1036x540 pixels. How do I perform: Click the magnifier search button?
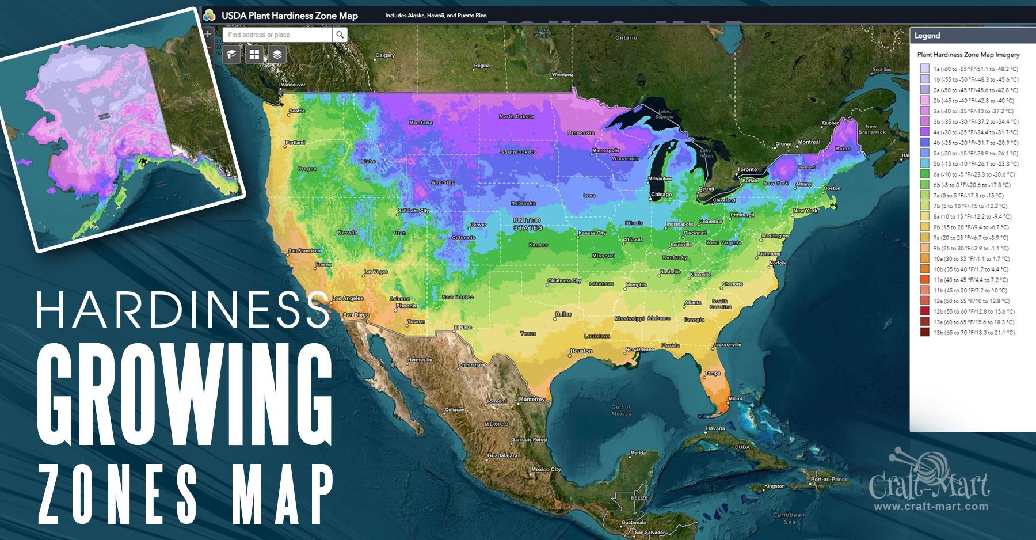pyautogui.click(x=340, y=35)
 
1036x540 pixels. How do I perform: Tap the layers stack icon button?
pyautogui.click(x=277, y=55)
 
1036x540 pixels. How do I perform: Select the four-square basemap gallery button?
pyautogui.click(x=254, y=55)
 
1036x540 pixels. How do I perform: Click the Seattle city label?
pyautogui.click(x=297, y=111)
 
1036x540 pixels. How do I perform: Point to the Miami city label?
pyautogui.click(x=735, y=398)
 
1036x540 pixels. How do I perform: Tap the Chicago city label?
pyautogui.click(x=661, y=195)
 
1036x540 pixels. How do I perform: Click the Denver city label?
pyautogui.click(x=478, y=225)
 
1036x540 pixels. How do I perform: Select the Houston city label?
pyautogui.click(x=581, y=351)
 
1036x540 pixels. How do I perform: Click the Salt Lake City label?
pyautogui.click(x=413, y=211)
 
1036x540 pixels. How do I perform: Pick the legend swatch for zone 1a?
pyautogui.click(x=924, y=69)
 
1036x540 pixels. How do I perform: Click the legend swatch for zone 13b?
pyautogui.click(x=924, y=332)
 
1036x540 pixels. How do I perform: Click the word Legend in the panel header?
pyautogui.click(x=927, y=36)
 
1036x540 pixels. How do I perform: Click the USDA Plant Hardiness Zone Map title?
pyautogui.click(x=290, y=16)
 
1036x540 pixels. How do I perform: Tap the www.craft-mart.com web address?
pyautogui.click(x=931, y=507)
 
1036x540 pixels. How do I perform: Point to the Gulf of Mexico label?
pyautogui.click(x=621, y=410)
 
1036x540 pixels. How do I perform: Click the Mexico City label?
pyautogui.click(x=546, y=469)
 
